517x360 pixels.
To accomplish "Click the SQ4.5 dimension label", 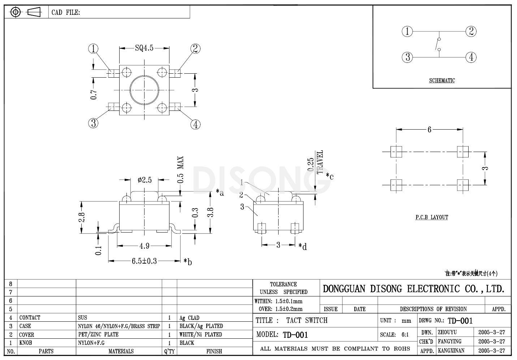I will click(144, 48).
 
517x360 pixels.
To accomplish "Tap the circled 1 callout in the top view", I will click(94, 49).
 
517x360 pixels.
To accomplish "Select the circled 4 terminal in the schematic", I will click(471, 57).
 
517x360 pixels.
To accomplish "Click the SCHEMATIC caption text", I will click(442, 81).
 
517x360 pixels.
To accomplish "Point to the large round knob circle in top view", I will click(144, 90).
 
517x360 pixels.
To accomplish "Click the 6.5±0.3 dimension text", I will click(144, 261).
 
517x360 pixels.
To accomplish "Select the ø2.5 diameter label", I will click(145, 180).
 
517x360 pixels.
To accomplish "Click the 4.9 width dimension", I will click(144, 246).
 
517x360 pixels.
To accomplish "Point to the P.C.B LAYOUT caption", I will click(431, 217).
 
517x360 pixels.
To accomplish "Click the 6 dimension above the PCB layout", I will click(429, 130).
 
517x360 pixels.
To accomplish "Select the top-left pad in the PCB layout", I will click(396, 152).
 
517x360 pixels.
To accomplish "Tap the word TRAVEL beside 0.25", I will click(320, 162).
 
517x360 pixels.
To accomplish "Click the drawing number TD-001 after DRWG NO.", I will click(460, 321).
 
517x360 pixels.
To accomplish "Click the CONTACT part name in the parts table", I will click(30, 318).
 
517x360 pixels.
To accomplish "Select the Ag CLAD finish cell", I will click(189, 318).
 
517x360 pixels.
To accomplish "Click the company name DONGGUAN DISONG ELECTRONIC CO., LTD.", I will click(413, 289).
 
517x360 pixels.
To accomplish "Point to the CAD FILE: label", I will click(66, 13).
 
